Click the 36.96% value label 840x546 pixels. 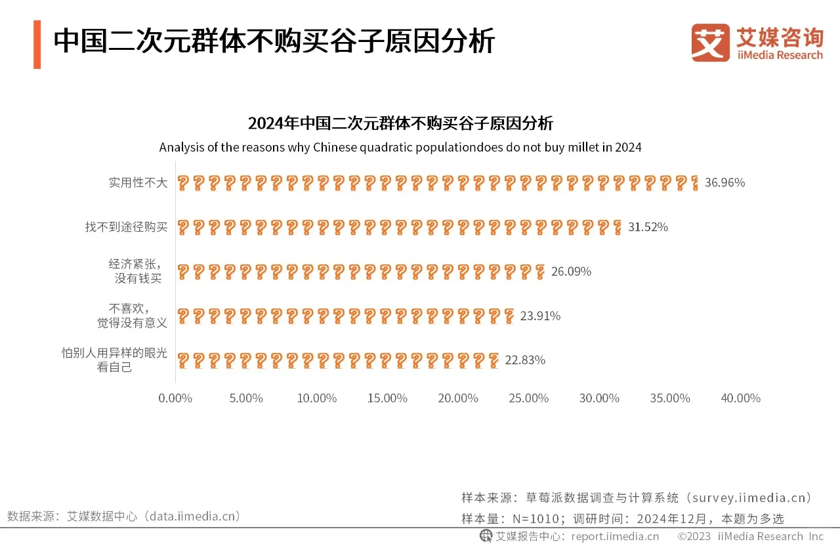click(x=724, y=182)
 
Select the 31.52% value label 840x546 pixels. click(x=648, y=227)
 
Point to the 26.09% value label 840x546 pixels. click(x=571, y=271)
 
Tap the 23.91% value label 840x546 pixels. click(x=540, y=316)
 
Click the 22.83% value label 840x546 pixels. click(x=525, y=360)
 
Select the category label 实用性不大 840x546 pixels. click(x=138, y=182)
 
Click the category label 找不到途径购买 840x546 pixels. click(x=127, y=227)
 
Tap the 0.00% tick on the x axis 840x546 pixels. click(x=175, y=398)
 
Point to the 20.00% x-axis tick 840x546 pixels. click(x=458, y=398)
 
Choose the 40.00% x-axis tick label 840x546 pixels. click(x=741, y=398)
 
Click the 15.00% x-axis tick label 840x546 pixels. click(x=387, y=398)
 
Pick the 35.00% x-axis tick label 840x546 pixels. click(x=670, y=398)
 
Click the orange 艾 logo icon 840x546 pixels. click(x=710, y=43)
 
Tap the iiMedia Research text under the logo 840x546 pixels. click(x=780, y=55)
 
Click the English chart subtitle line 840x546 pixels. click(x=400, y=147)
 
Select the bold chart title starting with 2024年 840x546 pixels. click(x=400, y=123)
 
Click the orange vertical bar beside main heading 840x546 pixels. click(x=37, y=44)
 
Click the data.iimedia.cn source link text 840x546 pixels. click(x=191, y=516)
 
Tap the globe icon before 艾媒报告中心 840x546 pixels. click(x=486, y=536)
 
